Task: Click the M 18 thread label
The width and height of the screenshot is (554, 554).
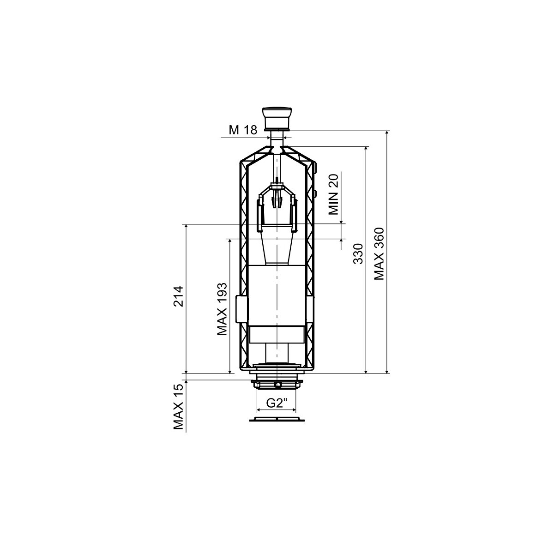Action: pos(243,130)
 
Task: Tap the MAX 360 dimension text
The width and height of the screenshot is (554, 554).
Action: pos(379,253)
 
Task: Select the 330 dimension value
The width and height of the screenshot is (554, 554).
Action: pos(358,253)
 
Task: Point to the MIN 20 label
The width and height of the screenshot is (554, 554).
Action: pos(334,195)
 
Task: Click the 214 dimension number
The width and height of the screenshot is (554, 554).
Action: pos(178,296)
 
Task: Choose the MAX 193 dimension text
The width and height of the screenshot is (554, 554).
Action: pos(222,309)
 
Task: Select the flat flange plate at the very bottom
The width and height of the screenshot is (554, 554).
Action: pos(277,420)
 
